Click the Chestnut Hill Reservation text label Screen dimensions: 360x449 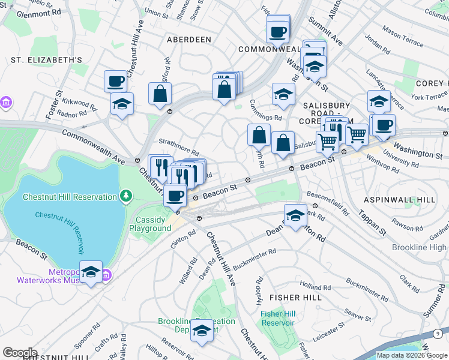pos(69,197)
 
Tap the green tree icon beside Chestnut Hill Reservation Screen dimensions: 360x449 pos(125,196)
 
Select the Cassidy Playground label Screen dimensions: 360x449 pos(149,224)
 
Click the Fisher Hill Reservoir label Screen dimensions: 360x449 pos(277,318)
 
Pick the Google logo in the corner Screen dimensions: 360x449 pos(20,353)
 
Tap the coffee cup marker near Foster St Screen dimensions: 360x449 pos(115,80)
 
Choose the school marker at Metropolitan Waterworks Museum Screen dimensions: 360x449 pos(91,272)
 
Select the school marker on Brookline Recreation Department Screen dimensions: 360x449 pos(202,331)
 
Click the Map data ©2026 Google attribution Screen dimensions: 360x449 pos(412,355)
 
